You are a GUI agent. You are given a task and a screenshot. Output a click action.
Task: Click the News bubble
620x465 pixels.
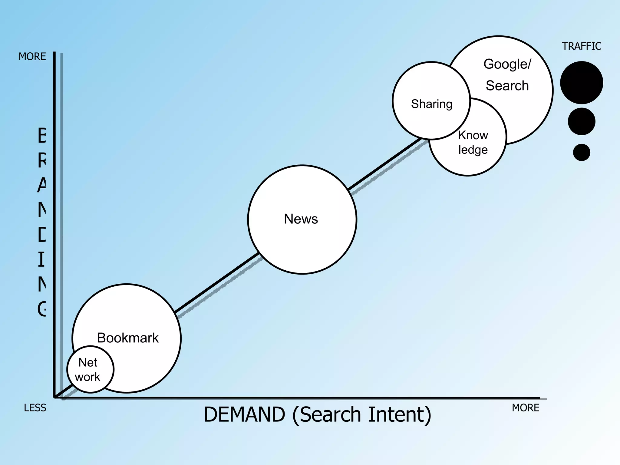click(x=302, y=219)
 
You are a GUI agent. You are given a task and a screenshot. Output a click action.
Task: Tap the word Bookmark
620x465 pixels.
click(x=128, y=338)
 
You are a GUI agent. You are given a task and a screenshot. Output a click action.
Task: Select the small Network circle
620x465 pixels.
click(x=90, y=370)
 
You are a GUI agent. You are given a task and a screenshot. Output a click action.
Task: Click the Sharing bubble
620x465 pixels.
click(x=431, y=104)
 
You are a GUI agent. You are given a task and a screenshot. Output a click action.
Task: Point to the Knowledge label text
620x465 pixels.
click(x=473, y=143)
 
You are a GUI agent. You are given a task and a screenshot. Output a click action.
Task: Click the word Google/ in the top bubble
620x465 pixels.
click(x=507, y=64)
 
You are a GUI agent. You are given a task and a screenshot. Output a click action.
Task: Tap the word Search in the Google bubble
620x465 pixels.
click(x=507, y=86)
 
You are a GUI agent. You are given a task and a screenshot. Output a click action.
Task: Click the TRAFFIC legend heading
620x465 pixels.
click(x=581, y=46)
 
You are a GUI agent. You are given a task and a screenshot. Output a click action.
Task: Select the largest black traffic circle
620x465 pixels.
click(x=581, y=83)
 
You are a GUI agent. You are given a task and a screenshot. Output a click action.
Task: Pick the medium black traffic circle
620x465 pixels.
click(x=581, y=121)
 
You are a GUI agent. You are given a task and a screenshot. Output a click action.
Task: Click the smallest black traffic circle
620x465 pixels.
click(x=581, y=152)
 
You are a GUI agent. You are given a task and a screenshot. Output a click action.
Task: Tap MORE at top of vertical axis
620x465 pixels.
click(x=32, y=57)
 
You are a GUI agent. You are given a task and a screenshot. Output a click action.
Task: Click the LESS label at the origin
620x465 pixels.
click(x=35, y=408)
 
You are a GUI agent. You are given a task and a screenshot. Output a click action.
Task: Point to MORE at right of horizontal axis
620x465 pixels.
click(x=526, y=408)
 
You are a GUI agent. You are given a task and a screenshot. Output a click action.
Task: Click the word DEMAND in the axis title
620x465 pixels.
click(x=244, y=414)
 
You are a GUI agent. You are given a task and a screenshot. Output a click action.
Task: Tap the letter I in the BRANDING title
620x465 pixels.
click(x=41, y=259)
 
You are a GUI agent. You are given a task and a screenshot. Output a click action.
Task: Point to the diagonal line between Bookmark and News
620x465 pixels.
click(x=216, y=283)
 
